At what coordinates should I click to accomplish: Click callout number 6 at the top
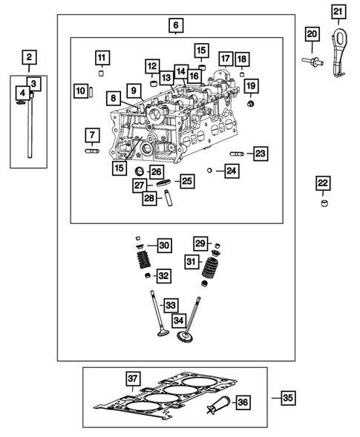tap(175, 26)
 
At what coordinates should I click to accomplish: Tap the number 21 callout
tap(338, 11)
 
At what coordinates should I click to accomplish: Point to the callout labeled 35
tap(288, 398)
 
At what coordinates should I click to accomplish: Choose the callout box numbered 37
tap(132, 379)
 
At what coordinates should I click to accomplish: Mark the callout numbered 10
tap(80, 91)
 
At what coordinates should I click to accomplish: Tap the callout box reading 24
tap(232, 171)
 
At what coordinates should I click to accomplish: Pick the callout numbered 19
tap(251, 85)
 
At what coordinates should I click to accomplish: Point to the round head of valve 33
tap(159, 334)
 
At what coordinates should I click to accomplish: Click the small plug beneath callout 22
tap(322, 203)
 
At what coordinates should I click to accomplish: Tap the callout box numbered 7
tap(91, 135)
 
